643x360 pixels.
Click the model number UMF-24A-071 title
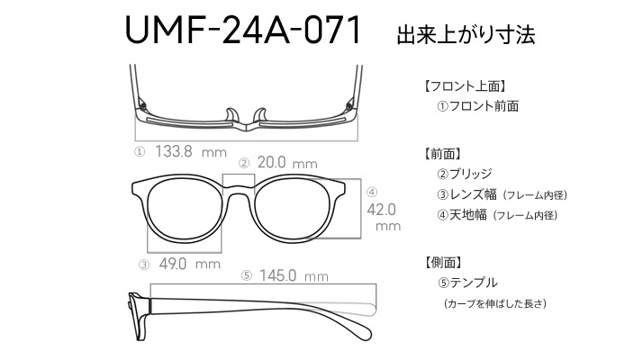point(243,30)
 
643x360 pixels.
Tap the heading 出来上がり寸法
point(466,35)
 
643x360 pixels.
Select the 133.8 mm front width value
point(191,152)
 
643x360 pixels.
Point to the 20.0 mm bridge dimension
point(287,163)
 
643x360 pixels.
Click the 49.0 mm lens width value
point(189,264)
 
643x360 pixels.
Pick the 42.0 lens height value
point(381,210)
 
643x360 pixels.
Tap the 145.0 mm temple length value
point(294,275)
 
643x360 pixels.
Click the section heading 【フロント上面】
point(465,86)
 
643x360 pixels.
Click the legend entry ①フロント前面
point(477,106)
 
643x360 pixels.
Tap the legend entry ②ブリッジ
point(464,174)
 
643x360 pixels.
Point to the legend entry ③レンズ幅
point(466,194)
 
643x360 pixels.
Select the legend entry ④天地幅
point(462,215)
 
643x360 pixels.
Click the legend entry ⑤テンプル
point(467,283)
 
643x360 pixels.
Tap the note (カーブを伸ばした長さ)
point(495,304)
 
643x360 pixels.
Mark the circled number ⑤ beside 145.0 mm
point(247,275)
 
